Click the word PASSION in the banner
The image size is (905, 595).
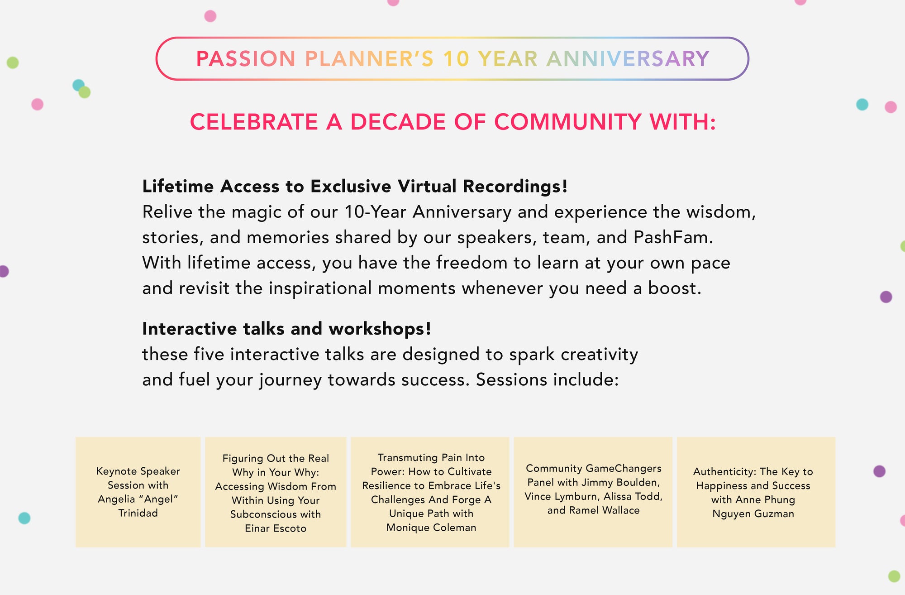[245, 59]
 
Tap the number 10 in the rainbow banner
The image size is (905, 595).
[456, 59]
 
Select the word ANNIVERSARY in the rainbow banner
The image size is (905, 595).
[628, 59]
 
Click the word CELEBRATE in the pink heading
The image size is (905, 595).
[254, 122]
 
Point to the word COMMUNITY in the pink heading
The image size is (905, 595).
[567, 122]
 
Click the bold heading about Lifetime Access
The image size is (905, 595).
[355, 186]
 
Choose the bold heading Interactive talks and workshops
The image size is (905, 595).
[286, 329]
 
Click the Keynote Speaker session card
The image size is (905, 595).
[138, 492]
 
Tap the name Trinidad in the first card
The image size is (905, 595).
[138, 513]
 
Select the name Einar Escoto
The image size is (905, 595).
[276, 528]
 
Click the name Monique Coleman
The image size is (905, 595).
[431, 528]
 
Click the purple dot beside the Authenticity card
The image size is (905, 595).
[879, 471]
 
